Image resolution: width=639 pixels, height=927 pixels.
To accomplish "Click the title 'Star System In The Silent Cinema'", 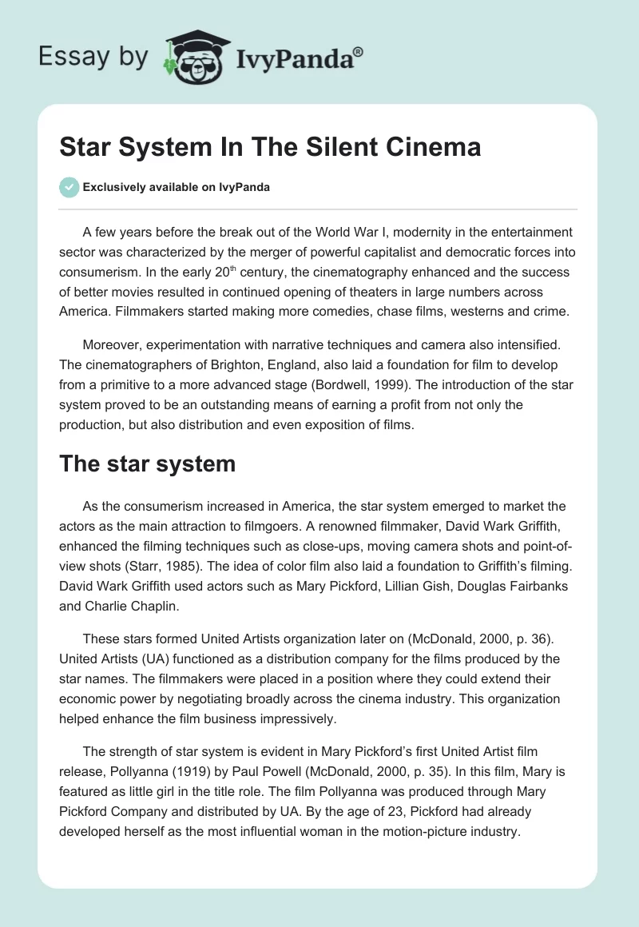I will (x=270, y=148).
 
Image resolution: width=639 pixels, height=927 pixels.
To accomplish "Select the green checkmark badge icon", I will (x=69, y=188).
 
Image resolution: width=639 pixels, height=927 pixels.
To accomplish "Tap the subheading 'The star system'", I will (x=148, y=463).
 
